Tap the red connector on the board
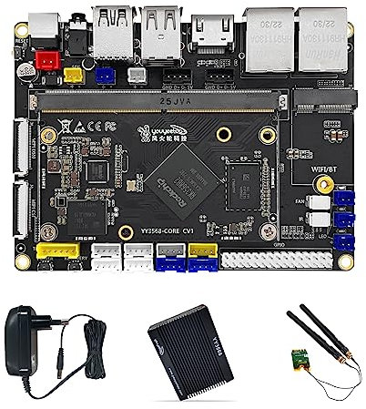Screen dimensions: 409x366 pos(43,62)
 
